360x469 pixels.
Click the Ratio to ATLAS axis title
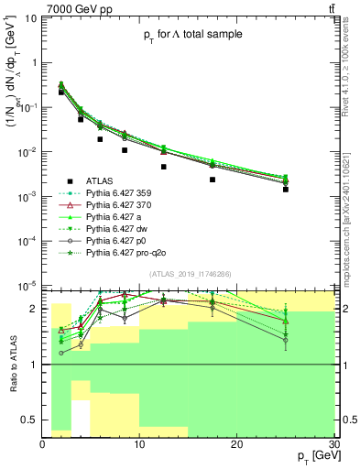[14, 364]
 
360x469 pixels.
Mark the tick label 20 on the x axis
[236, 444]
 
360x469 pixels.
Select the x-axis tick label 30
[333, 444]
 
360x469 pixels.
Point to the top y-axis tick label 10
[31, 18]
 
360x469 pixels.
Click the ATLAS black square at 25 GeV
[286, 190]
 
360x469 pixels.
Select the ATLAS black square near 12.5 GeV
[164, 167]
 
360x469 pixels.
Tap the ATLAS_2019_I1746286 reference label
[191, 274]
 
